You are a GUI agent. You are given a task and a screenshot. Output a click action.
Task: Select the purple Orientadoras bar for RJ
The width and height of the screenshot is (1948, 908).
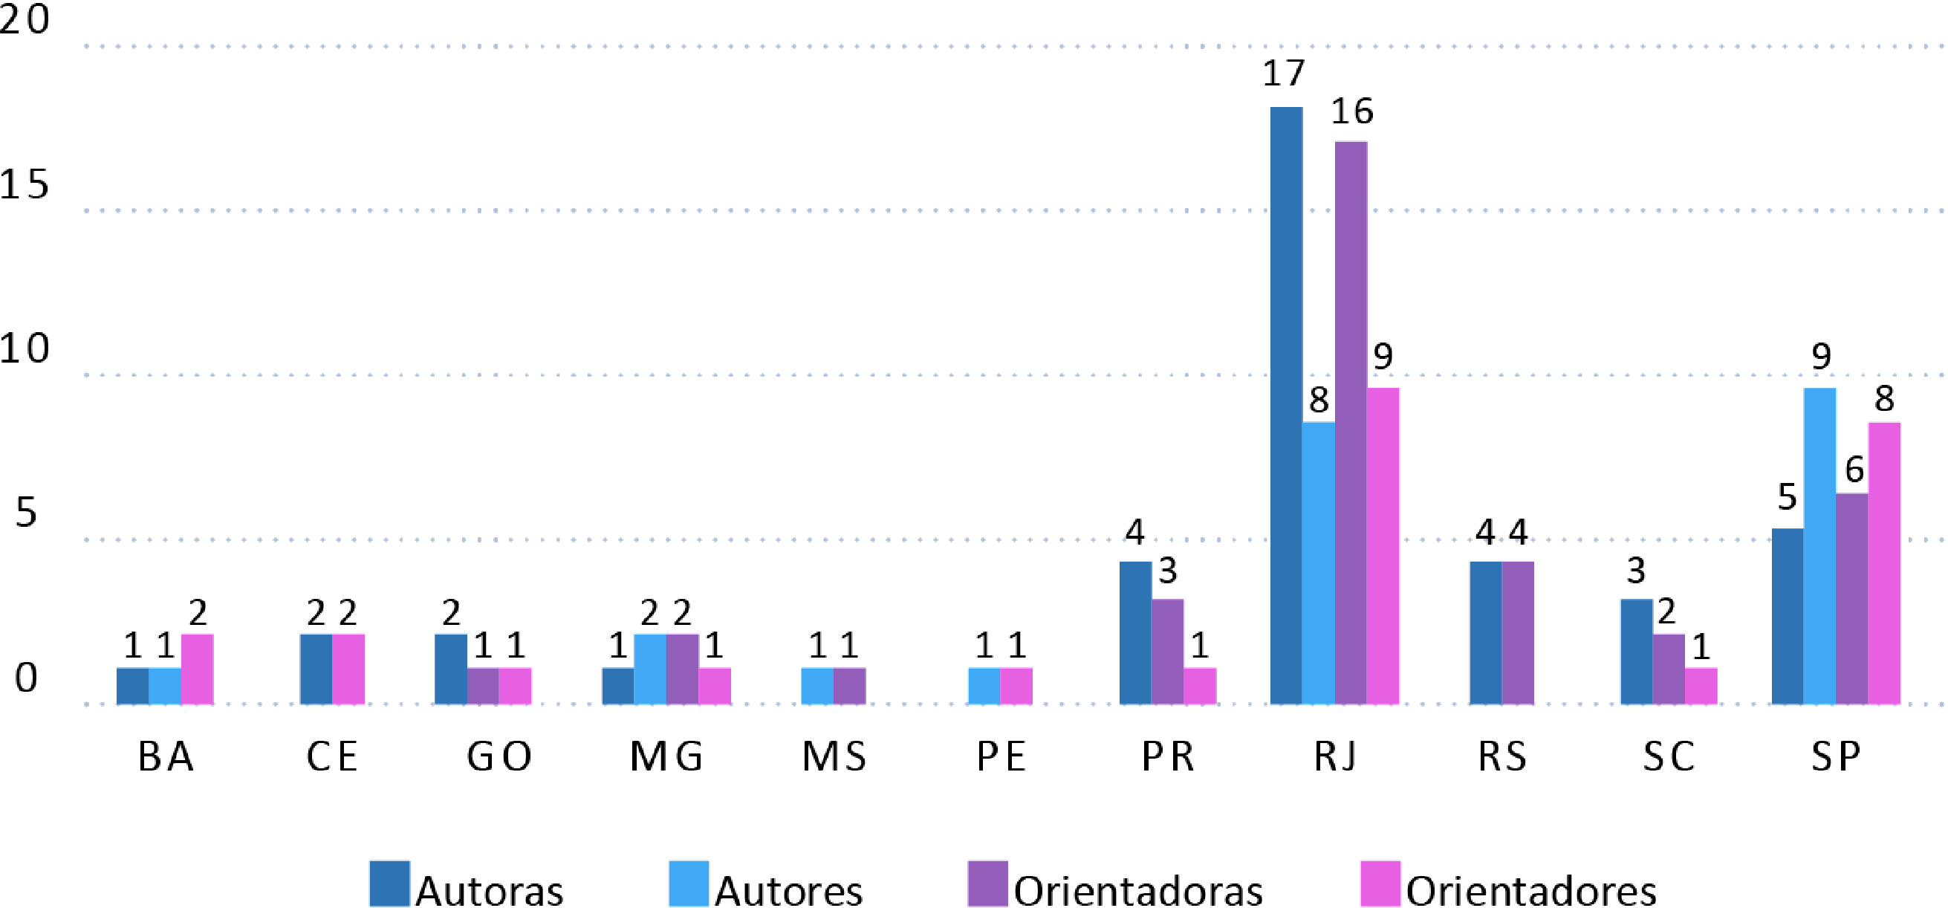pyautogui.click(x=1351, y=423)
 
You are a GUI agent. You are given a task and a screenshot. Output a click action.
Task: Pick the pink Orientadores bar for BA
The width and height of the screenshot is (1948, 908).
pyautogui.click(x=198, y=669)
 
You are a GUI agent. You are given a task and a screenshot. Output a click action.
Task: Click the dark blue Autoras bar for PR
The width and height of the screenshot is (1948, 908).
pyautogui.click(x=1135, y=633)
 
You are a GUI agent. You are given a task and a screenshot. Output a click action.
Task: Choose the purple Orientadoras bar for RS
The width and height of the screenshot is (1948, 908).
pyautogui.click(x=1518, y=633)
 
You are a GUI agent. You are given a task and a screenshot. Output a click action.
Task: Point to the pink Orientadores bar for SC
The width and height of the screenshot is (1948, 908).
pyautogui.click(x=1701, y=686)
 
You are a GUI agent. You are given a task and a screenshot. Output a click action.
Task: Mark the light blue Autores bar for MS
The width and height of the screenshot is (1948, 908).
pyautogui.click(x=817, y=686)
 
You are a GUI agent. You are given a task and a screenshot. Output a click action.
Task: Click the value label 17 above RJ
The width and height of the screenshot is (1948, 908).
pyautogui.click(x=1283, y=74)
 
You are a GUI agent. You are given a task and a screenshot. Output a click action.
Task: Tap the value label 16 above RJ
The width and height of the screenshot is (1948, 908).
pyautogui.click(x=1352, y=112)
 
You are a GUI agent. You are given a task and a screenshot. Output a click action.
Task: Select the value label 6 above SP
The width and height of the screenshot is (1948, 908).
pyautogui.click(x=1854, y=470)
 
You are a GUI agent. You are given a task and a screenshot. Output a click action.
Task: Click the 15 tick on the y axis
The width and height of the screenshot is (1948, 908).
pyautogui.click(x=25, y=184)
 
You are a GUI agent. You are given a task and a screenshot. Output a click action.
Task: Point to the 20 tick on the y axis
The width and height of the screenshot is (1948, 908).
pyautogui.click(x=25, y=19)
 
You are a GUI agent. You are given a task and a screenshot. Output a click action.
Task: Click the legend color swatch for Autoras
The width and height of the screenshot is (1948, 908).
pyautogui.click(x=389, y=883)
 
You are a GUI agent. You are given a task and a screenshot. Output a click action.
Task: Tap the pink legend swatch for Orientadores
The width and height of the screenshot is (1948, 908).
pyautogui.click(x=1380, y=883)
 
